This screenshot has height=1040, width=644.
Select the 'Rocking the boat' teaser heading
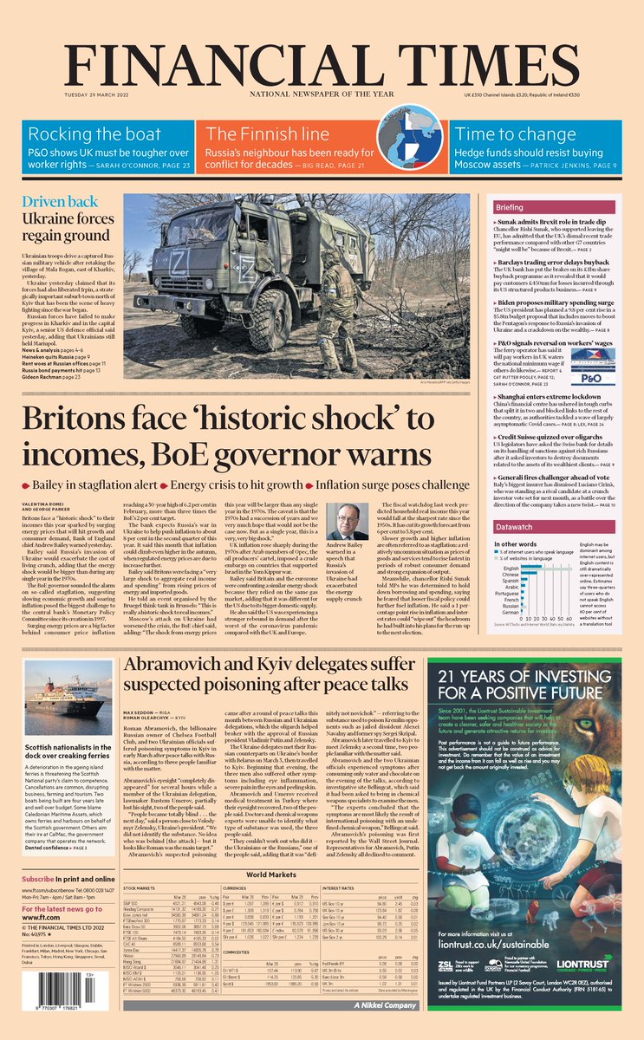click(x=94, y=134)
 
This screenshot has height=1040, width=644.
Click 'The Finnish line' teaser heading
click(x=268, y=134)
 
